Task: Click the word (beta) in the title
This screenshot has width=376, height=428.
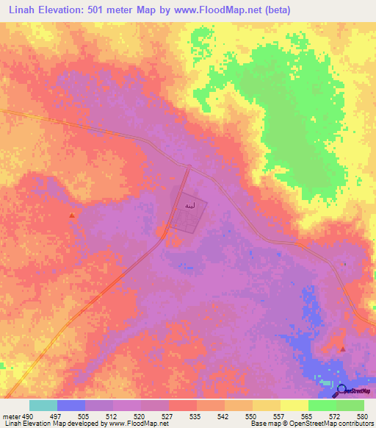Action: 275,10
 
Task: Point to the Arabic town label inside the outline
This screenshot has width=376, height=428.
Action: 189,204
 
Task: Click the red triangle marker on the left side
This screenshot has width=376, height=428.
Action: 71,215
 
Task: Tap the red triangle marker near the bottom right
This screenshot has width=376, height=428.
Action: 342,349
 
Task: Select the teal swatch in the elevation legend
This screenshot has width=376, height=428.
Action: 43,405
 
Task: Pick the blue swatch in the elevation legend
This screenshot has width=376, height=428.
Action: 71,405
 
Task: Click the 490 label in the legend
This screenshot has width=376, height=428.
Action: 26,415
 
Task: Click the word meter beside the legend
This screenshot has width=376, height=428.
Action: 10,415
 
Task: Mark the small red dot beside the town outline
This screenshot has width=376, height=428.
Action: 159,233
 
